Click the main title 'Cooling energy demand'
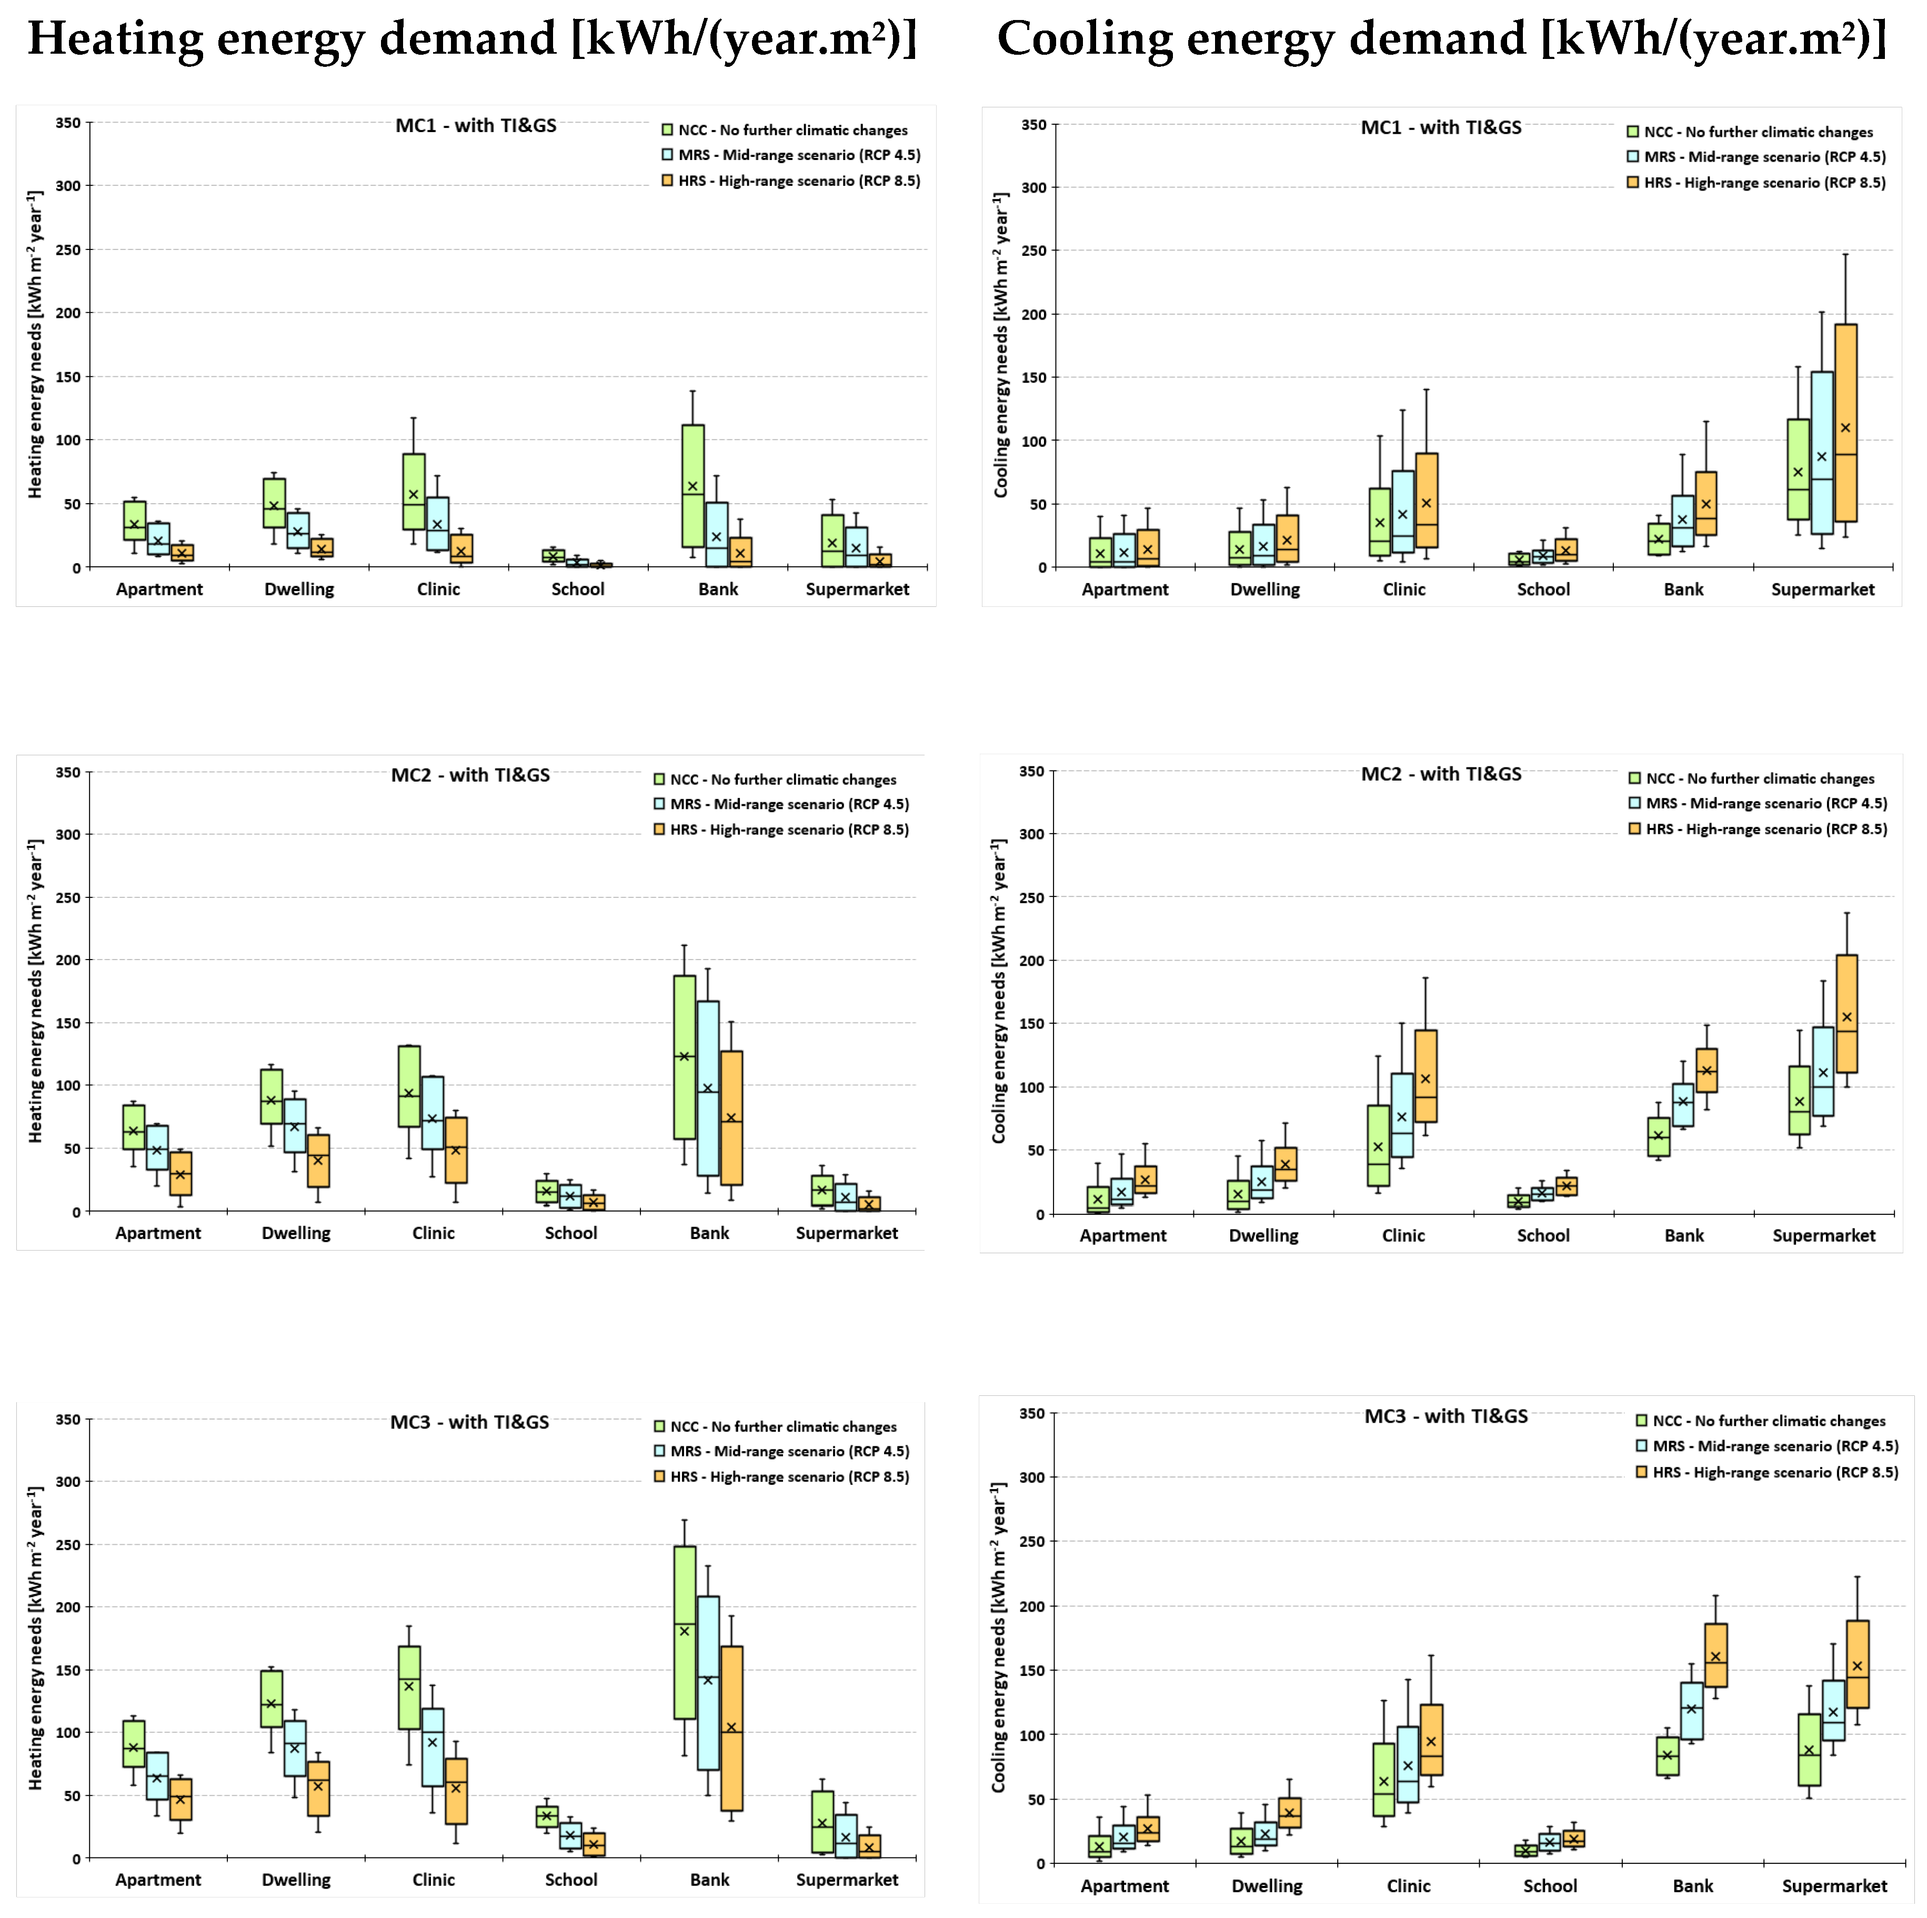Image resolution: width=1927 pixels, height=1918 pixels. click(x=1441, y=40)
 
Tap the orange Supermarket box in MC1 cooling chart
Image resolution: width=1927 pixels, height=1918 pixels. click(x=1845, y=422)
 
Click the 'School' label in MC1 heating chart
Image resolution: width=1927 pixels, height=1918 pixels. click(x=577, y=590)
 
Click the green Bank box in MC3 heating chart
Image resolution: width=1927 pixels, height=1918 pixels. click(x=684, y=1632)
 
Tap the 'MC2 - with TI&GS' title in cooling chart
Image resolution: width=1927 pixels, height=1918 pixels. click(x=1441, y=774)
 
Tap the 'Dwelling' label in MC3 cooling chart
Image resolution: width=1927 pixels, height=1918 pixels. click(x=1267, y=1886)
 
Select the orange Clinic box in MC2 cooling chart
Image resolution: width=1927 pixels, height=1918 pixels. click(x=1426, y=1076)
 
